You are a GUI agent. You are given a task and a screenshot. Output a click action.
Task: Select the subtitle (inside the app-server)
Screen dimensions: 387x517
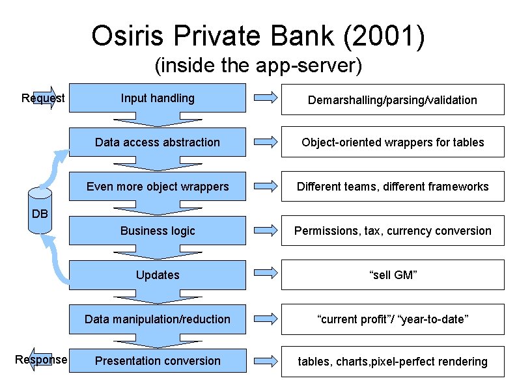[x=258, y=66]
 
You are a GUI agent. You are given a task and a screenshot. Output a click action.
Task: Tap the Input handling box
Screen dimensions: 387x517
[x=158, y=98]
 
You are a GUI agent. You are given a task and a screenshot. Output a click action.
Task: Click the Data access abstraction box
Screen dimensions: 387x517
[x=158, y=142]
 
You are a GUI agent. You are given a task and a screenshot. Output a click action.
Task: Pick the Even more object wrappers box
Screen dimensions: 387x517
[x=158, y=187]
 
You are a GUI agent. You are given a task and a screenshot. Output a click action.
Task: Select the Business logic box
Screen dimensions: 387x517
[x=158, y=231]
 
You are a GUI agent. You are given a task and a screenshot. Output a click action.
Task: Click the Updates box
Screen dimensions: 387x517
[x=158, y=275]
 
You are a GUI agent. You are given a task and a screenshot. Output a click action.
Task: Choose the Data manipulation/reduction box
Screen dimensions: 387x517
[x=158, y=319]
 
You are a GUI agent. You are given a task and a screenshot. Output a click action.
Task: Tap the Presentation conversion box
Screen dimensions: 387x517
[x=158, y=361]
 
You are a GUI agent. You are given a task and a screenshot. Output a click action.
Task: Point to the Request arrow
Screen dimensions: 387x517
[x=44, y=98]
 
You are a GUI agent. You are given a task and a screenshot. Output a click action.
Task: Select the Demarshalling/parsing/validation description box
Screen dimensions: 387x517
[x=393, y=100]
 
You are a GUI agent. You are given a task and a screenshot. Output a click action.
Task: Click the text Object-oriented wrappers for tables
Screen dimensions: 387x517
[x=393, y=142]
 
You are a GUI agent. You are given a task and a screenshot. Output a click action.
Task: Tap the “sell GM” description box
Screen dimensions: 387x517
[x=393, y=275]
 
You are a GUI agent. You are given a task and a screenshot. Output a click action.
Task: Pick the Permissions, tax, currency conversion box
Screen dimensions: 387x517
[x=393, y=231]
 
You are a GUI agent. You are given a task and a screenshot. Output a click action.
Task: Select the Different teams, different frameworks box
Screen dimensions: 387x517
[x=393, y=187]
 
